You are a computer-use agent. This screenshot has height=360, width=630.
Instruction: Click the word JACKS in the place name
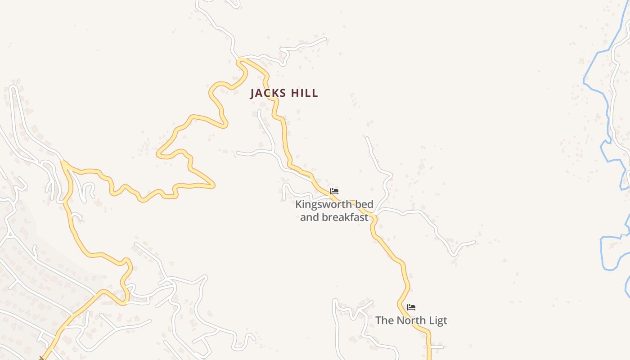268,93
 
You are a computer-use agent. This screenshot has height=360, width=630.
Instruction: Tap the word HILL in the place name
305,93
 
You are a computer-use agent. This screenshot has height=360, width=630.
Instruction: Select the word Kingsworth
324,204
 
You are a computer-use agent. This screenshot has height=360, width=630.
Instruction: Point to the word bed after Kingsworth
364,204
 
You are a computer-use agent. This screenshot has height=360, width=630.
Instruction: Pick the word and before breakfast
309,217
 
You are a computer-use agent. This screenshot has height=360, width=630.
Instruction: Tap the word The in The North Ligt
384,320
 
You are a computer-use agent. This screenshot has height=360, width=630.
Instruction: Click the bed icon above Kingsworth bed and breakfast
334,191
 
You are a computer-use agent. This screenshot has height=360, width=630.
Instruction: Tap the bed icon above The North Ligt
411,307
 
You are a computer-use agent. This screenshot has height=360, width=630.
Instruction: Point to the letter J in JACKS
253,93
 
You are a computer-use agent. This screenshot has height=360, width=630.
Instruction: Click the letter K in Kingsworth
298,204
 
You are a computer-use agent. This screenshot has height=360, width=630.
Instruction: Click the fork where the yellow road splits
63,163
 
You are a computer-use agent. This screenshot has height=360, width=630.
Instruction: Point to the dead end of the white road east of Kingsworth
474,242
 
